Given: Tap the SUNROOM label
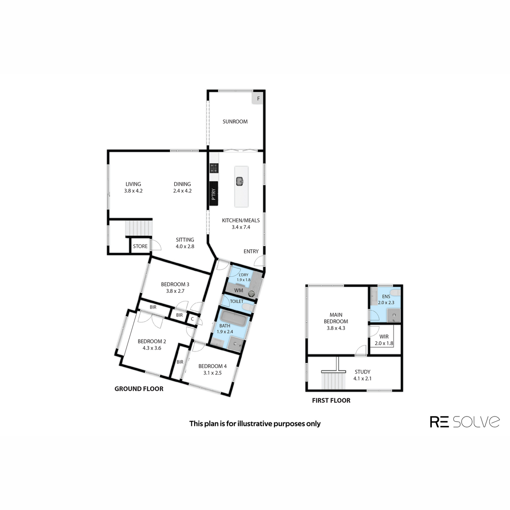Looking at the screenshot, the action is point(235,122).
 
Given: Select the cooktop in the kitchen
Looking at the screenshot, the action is point(214,168).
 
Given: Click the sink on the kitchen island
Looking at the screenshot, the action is point(240,181).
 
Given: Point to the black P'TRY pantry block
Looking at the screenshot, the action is point(214,193).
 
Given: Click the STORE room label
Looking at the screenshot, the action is point(140,246).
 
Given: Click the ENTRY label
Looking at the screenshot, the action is point(251,252).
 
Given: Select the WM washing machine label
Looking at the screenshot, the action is point(238,290).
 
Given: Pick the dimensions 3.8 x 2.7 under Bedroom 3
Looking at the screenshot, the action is point(175,291).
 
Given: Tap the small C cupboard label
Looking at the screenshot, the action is point(193,319).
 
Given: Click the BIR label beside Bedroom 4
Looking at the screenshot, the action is point(180,362).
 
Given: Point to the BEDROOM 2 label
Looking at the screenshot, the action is point(152,341).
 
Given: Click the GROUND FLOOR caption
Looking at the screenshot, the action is point(139,389).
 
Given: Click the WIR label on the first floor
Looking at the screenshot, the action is point(384,337).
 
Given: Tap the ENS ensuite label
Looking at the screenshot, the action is point(386,297).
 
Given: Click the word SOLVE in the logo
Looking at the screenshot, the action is point(476,422).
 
